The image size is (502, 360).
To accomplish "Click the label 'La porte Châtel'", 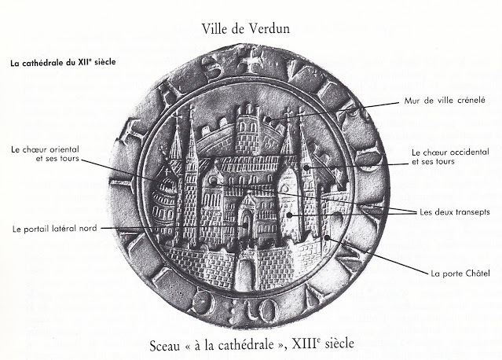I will tap(456, 274).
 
